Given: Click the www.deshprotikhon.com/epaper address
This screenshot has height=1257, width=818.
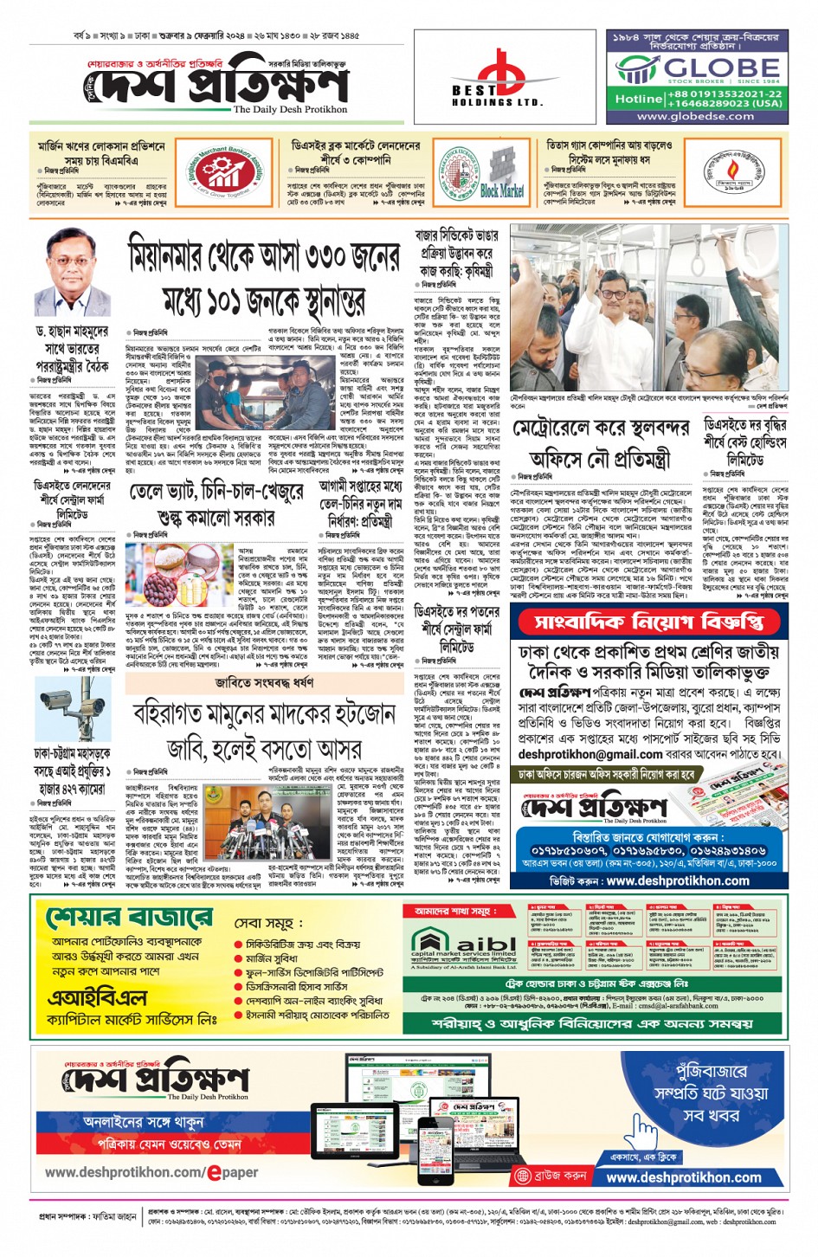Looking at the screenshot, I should click(x=151, y=1172).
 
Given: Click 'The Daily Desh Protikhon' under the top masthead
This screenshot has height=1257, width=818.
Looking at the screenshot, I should click(x=290, y=110).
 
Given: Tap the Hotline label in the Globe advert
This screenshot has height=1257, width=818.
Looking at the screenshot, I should click(x=638, y=99).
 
